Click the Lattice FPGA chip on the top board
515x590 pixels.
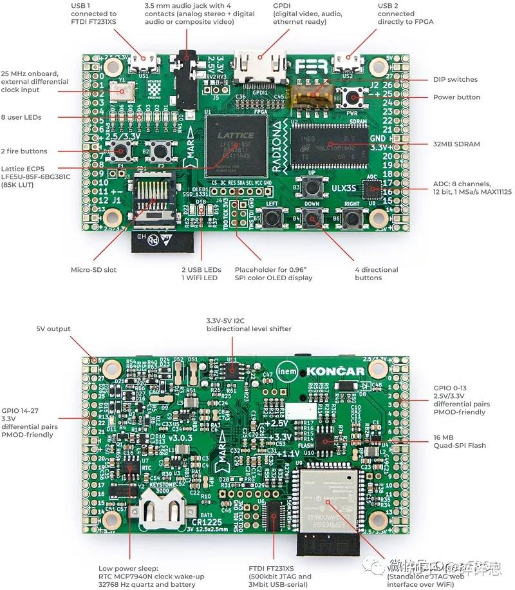pyautogui.click(x=234, y=144)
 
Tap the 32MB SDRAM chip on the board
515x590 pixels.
pyautogui.click(x=329, y=144)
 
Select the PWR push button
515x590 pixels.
pyautogui.click(x=351, y=98)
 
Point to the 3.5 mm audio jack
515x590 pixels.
pyautogui.click(x=188, y=77)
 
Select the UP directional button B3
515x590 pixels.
pyautogui.click(x=314, y=187)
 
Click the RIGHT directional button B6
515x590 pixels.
pyautogui.click(x=351, y=219)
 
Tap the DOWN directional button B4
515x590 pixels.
pyautogui.click(x=314, y=219)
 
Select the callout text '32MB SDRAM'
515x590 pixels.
pyautogui.click(x=456, y=144)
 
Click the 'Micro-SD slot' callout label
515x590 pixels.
pyautogui.click(x=93, y=270)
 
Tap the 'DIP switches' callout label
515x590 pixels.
pyautogui.click(x=454, y=80)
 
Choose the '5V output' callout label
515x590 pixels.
pyautogui.click(x=53, y=329)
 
